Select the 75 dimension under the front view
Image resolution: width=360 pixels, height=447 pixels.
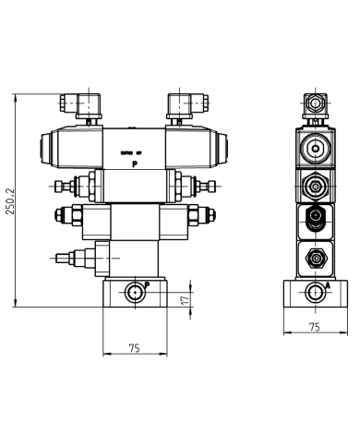coord(135,348)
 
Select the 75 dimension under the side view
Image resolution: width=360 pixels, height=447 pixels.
coord(314,327)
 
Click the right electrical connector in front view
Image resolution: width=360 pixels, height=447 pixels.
coord(181,104)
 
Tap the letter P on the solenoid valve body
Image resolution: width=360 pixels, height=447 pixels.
coord(135,163)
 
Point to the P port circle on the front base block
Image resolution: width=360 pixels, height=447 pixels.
coord(136,294)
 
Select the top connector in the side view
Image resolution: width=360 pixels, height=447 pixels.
coord(316,102)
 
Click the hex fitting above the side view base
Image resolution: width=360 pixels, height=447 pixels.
coord(316,258)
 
